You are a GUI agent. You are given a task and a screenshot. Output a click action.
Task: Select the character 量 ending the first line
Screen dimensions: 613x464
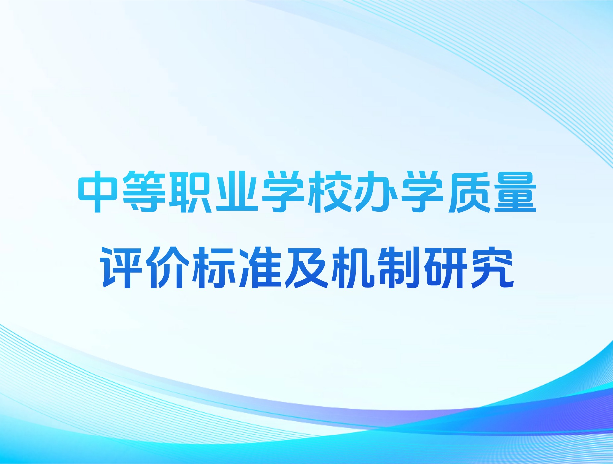coord(515,192)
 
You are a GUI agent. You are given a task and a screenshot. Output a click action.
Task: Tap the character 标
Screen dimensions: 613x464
coord(214,267)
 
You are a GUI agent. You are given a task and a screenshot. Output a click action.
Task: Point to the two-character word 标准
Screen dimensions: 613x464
coord(237,267)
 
